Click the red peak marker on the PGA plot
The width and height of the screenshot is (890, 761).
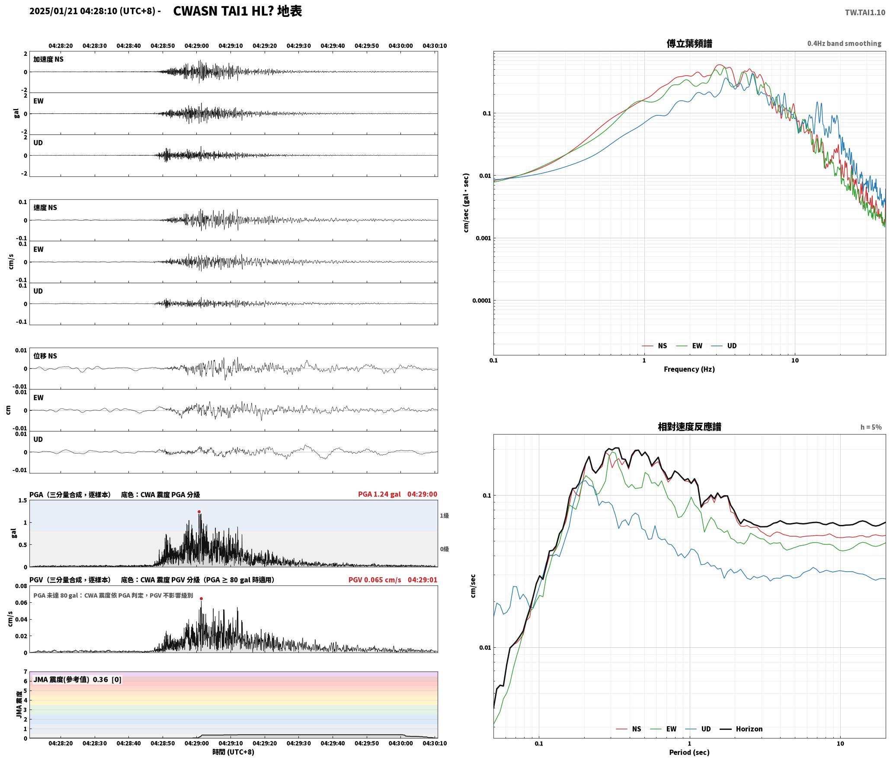click(199, 512)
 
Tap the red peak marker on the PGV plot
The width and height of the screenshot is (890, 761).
click(201, 599)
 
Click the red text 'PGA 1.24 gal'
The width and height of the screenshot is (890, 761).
click(379, 494)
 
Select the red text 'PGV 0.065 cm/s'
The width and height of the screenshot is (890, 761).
click(375, 580)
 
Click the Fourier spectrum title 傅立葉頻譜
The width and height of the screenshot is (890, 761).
click(689, 44)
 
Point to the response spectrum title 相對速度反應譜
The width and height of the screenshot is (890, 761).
click(689, 427)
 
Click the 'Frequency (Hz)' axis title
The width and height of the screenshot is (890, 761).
click(689, 369)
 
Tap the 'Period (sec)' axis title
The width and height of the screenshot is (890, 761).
click(689, 752)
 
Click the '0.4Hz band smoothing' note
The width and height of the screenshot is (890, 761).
click(844, 44)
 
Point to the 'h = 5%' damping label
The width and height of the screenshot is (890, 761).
click(871, 427)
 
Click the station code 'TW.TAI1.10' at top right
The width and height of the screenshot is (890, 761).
click(865, 13)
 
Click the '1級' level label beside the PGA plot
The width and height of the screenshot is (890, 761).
click(445, 516)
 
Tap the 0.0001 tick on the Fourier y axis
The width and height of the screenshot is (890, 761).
click(481, 301)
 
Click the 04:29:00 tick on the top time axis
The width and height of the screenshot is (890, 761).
click(197, 46)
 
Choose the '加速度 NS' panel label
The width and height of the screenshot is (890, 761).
click(48, 59)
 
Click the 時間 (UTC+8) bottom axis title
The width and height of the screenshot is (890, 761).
click(233, 752)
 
